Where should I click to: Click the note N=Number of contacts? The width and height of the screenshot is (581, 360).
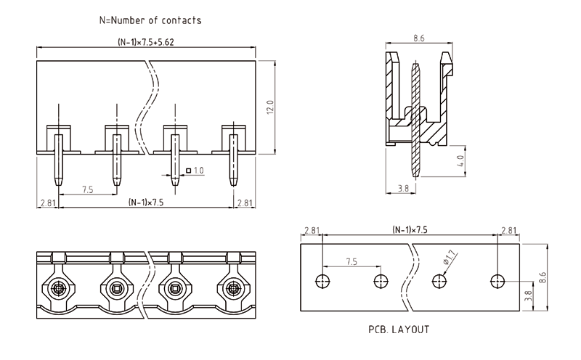tap(150, 20)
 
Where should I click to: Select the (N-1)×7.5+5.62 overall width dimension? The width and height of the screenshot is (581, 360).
tap(145, 42)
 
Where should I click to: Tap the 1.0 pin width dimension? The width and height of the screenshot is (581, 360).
tap(198, 171)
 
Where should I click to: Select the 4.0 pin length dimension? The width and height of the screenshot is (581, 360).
tap(460, 160)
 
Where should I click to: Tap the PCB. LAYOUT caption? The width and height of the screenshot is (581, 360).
tap(399, 329)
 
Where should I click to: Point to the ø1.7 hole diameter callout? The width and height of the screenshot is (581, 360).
tap(449, 257)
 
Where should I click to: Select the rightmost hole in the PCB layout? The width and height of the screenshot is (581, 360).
tap(497, 281)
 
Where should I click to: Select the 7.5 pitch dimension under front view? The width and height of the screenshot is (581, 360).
tap(87, 189)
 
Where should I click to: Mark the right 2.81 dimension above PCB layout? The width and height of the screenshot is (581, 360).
tap(509, 230)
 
